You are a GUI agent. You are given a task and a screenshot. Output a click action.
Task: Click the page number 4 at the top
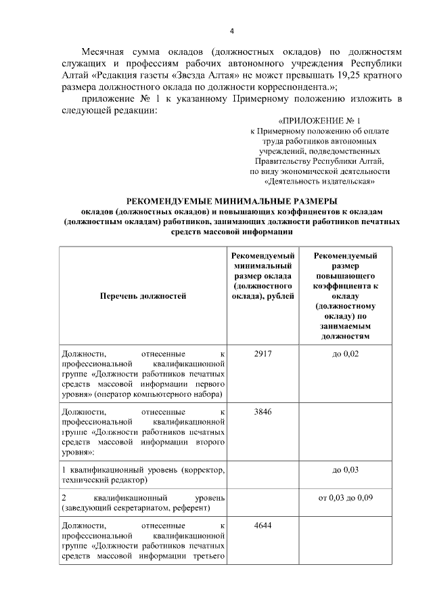(x=232, y=31)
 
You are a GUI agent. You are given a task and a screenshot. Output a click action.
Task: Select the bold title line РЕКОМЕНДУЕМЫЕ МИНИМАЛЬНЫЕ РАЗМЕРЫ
(x=232, y=201)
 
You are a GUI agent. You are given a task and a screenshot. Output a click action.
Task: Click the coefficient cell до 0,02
(x=345, y=354)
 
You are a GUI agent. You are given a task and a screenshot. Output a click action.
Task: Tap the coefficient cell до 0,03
(x=345, y=469)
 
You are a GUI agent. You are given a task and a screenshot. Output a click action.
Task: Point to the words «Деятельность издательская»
(x=319, y=182)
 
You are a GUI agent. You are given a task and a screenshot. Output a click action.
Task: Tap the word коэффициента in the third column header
(x=345, y=286)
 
